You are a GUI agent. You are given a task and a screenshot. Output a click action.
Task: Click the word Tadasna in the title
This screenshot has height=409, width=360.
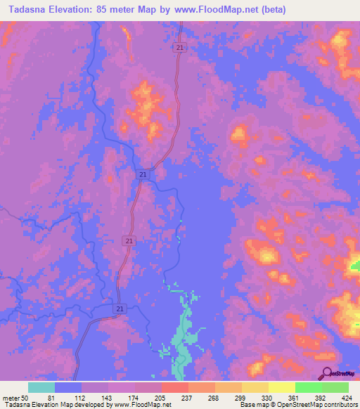click(28, 9)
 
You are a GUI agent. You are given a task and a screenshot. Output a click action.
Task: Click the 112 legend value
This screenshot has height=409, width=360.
click(82, 397)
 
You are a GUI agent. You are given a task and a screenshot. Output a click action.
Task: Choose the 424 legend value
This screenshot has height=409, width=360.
click(346, 397)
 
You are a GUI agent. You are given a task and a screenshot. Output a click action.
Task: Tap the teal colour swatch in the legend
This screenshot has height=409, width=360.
click(41, 387)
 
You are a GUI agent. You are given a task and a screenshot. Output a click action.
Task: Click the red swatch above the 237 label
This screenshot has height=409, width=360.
click(175, 387)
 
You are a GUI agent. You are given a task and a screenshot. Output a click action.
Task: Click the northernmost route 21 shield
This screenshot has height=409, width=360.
click(181, 47)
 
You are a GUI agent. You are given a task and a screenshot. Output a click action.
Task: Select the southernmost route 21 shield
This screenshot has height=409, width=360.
click(120, 309)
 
